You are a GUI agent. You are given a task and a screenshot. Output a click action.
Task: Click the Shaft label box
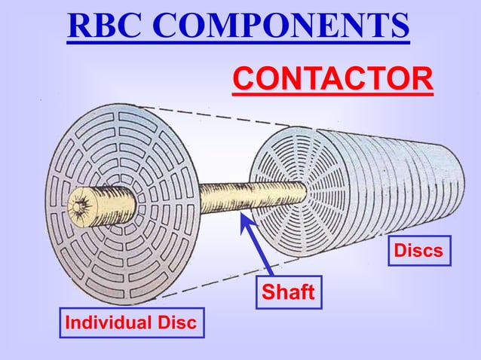coord(287,292)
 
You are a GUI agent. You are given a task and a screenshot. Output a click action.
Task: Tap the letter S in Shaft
coord(268,292)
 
